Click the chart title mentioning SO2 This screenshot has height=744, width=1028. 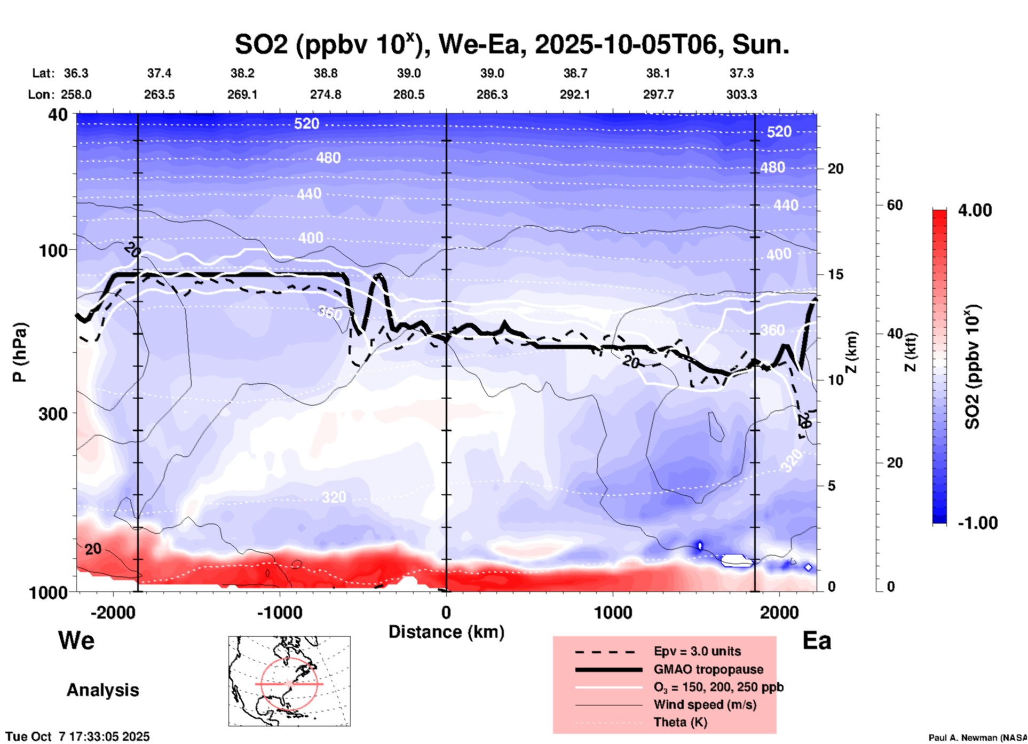point(511,44)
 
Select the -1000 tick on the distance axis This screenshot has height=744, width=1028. point(279,612)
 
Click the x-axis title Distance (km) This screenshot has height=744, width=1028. point(446,632)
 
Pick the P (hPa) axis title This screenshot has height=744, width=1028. point(19,352)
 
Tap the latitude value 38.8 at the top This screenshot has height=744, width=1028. point(325,73)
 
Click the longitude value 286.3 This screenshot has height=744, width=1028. point(492,94)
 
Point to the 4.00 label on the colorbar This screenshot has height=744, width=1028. point(975,210)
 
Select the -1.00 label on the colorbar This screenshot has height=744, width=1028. point(977,523)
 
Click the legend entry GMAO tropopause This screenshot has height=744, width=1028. point(708,669)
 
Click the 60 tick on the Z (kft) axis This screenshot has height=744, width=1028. point(895,205)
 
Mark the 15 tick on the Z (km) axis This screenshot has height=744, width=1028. point(835,274)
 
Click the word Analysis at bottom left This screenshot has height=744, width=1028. point(102,690)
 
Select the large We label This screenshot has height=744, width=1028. point(76,640)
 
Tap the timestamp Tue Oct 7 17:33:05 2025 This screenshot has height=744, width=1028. point(78,737)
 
